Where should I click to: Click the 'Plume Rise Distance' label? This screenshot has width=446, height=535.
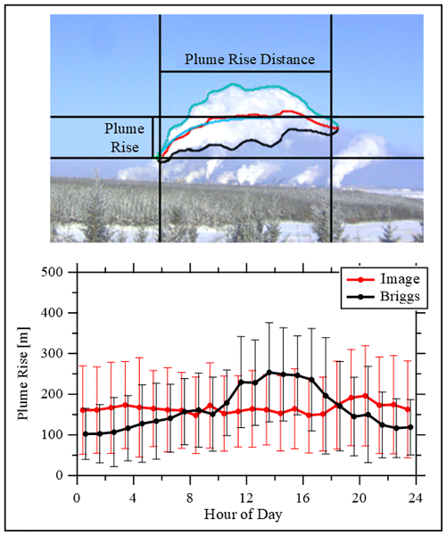(250, 60)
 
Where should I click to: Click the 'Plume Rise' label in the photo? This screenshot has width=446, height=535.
(124, 138)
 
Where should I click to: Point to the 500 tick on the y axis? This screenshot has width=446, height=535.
(52, 272)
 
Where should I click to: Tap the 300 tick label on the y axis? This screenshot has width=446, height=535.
(52, 353)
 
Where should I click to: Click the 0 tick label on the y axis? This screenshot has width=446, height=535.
(59, 475)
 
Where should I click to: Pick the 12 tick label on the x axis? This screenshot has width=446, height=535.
(246, 498)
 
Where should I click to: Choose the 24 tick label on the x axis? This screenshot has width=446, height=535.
(416, 498)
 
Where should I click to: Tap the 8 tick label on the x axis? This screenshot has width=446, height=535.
(190, 498)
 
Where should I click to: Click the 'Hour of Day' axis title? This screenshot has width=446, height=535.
(243, 514)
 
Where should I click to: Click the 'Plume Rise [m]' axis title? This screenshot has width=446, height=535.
(23, 374)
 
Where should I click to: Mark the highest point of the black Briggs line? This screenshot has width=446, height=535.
(269, 372)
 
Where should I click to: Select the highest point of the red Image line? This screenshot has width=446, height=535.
(365, 396)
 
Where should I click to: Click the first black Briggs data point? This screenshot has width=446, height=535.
(86, 433)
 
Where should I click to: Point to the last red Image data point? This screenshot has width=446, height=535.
(408, 409)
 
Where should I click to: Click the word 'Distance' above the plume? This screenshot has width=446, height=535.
(287, 60)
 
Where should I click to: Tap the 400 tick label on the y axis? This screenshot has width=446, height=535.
(52, 313)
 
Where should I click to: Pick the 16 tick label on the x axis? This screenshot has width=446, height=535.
(302, 498)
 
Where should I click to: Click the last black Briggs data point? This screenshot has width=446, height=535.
(410, 427)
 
